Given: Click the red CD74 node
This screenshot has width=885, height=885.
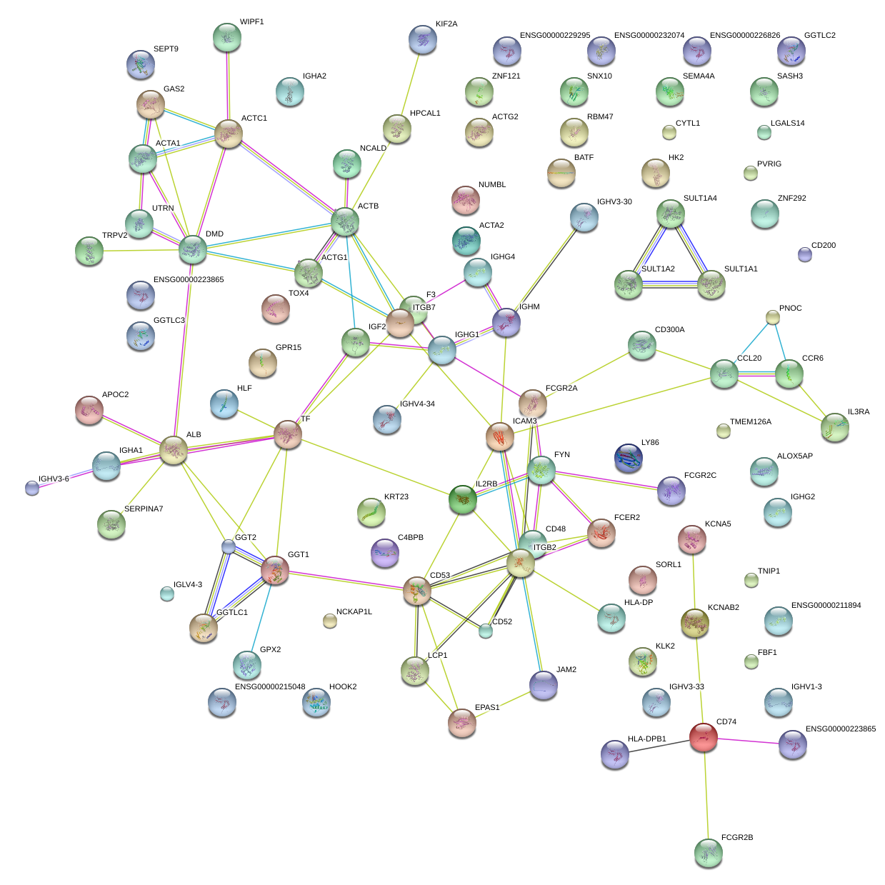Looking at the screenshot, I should tap(704, 737).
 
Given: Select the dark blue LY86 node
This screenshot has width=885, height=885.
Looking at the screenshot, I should tap(629, 459).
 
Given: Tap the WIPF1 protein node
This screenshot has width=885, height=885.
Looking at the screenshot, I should tap(227, 38).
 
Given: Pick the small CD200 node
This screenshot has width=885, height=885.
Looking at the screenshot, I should tap(805, 254).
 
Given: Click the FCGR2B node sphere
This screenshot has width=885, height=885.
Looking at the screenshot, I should tap(709, 852).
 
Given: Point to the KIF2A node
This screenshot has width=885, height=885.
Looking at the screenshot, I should tap(424, 40).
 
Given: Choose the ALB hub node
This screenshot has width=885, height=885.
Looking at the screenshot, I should tap(174, 451).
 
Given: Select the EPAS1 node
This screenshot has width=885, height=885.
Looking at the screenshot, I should tap(462, 723).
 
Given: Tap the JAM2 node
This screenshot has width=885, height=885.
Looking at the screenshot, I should tap(544, 686).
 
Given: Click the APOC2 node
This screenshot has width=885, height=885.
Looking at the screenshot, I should tap(89, 410).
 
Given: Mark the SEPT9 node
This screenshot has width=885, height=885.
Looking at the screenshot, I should tap(141, 65).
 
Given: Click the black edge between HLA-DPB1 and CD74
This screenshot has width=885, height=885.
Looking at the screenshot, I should tap(659, 746).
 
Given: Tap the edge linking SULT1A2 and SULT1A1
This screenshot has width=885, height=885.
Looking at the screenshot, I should tap(670, 284).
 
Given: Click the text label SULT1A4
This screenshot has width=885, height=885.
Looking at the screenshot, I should tap(700, 199).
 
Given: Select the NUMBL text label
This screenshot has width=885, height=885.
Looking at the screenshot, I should tap(492, 185).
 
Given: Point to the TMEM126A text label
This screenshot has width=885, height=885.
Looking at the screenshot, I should tap(751, 422).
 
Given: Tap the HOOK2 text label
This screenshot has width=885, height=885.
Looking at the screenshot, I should tap(343, 687).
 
